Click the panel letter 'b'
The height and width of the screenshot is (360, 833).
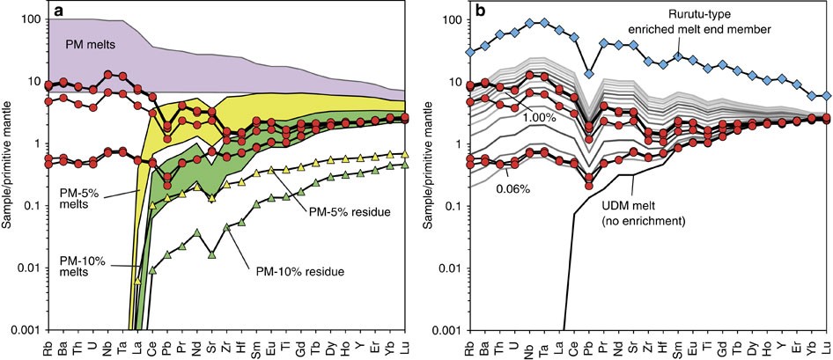pos(476,12)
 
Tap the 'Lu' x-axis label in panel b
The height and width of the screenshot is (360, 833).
pos(825,346)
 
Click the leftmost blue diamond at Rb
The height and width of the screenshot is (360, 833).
pos(469,53)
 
